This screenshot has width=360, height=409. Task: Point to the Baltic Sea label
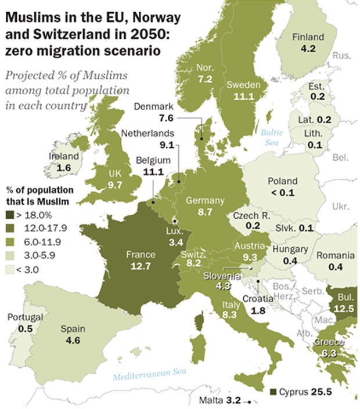click(271, 137)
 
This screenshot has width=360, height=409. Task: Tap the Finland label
click(308, 37)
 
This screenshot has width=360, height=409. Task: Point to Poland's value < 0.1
click(281, 192)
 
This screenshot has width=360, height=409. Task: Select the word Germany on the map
click(204, 201)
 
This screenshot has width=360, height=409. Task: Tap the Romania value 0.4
click(335, 266)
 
